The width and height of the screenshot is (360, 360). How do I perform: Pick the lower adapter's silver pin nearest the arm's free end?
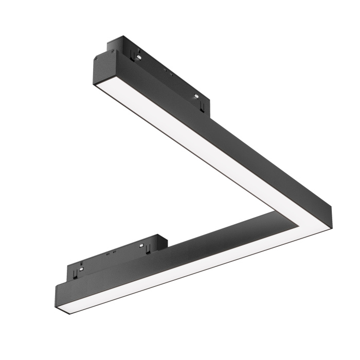tap(81, 268)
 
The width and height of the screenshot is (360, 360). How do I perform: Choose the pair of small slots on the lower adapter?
tap(110, 254)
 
